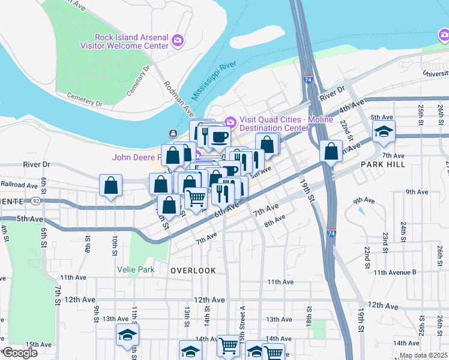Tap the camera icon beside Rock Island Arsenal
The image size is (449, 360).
click(x=177, y=40)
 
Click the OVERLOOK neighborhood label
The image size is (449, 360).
click(x=193, y=271)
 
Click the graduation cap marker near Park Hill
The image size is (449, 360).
click(x=384, y=131)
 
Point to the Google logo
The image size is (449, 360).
click(x=20, y=352)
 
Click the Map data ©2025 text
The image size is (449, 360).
click(x=423, y=355)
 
